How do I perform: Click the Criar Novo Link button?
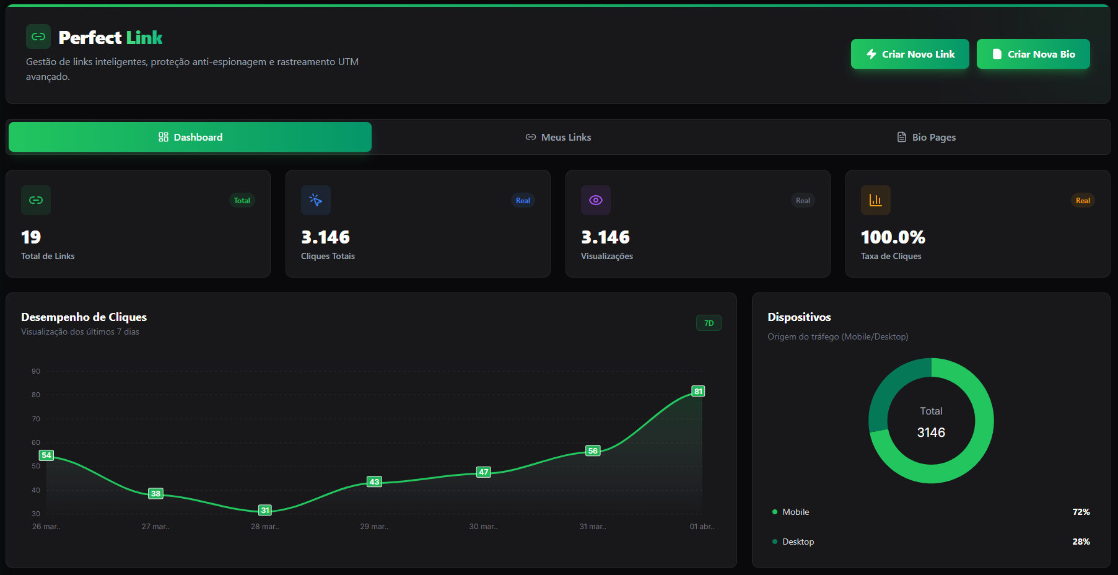pos(909,55)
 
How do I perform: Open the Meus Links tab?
pos(558,138)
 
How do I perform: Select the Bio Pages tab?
pos(927,138)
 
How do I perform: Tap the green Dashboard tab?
pos(190,137)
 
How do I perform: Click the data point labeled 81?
pos(698,392)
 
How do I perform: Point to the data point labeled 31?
pos(265,511)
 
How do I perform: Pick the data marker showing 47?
pos(483,472)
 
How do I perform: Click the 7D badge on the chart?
pos(709,323)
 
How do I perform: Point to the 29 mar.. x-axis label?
pos(374,527)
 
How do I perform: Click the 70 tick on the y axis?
pos(36,419)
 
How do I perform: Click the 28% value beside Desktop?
pos(1081,542)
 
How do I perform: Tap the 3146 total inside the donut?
pos(931,432)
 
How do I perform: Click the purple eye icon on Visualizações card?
pos(596,200)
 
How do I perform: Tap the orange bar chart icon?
pos(875,200)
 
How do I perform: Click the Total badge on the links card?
pos(242,201)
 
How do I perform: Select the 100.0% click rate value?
pos(893,237)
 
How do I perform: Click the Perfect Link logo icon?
pos(38,37)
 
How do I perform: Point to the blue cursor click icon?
pos(316,200)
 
